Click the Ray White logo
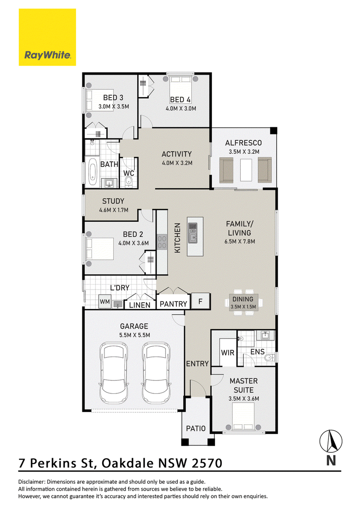tap(47, 37)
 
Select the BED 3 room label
tap(113, 98)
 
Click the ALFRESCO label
tap(243, 143)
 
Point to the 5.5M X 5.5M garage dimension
tap(135, 335)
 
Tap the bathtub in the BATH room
tap(93, 171)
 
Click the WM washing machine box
tap(104, 302)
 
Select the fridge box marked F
tap(200, 301)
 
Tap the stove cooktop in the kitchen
tap(162, 242)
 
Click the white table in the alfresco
tap(246, 170)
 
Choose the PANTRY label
tap(173, 304)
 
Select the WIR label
tap(227, 353)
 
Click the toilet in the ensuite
tap(270, 358)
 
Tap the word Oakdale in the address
tap(128, 463)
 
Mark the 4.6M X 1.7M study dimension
tap(114, 210)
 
